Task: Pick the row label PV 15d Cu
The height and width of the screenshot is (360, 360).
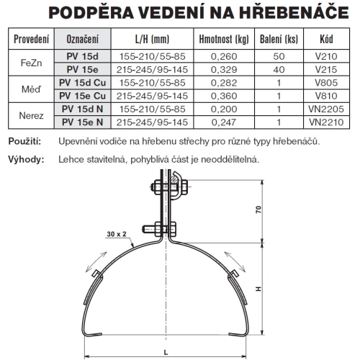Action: [x=81, y=83]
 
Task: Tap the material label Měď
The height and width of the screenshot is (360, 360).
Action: [x=32, y=89]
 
